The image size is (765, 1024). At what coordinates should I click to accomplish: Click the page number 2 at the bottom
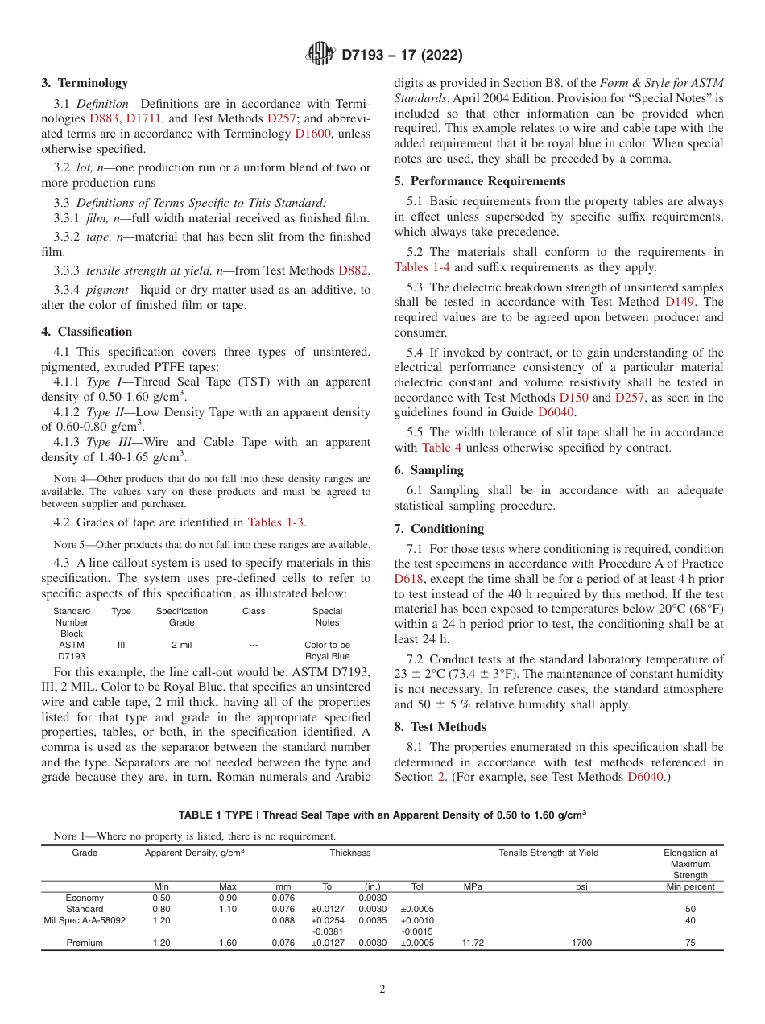(382, 989)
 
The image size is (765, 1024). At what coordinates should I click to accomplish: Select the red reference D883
(103, 118)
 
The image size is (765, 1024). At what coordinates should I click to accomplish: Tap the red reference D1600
(312, 134)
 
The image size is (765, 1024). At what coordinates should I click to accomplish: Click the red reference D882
(353, 270)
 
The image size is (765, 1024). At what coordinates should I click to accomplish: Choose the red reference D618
(408, 578)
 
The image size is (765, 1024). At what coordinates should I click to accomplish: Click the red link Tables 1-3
(276, 522)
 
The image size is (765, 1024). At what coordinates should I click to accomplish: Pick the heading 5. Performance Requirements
(480, 181)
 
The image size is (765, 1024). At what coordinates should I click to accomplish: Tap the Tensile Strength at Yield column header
(548, 853)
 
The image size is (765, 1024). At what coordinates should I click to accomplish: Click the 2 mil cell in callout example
(181, 645)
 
